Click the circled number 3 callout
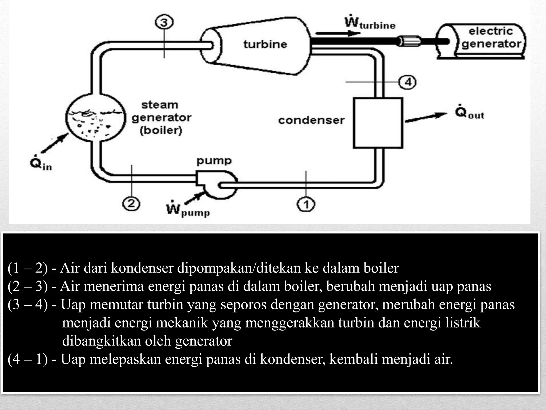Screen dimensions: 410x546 pyautogui.click(x=164, y=22)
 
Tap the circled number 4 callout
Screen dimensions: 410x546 pyautogui.click(x=407, y=82)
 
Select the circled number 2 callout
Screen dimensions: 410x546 pyautogui.click(x=131, y=204)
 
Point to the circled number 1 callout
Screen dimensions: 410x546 pyautogui.click(x=306, y=205)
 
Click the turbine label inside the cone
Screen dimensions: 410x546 pyautogui.click(x=265, y=44)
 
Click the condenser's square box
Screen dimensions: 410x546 pyautogui.click(x=378, y=123)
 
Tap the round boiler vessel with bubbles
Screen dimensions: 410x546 pyautogui.click(x=95, y=118)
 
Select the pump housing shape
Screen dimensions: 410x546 pyautogui.click(x=216, y=184)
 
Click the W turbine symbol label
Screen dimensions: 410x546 pyautogui.click(x=370, y=23)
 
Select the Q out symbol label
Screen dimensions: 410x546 pyautogui.click(x=469, y=114)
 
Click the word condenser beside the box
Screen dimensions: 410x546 pyautogui.click(x=311, y=120)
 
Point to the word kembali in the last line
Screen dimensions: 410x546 pyautogui.click(x=353, y=359)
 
